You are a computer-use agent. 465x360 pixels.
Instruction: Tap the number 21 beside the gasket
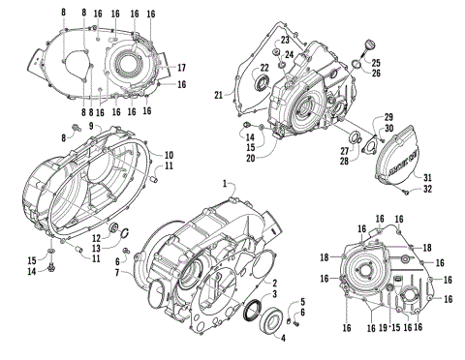coord(218,94)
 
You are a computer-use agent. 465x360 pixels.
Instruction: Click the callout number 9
coord(92,126)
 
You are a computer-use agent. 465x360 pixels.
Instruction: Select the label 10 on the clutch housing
coord(168,155)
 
